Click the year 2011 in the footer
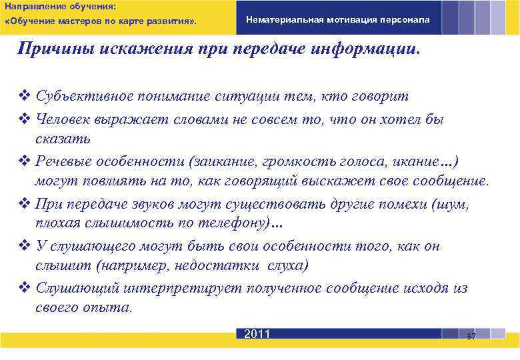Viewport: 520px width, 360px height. pos(257,334)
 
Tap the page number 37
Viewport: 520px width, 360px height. pos(471,336)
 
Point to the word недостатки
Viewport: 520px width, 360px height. pos(227,265)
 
